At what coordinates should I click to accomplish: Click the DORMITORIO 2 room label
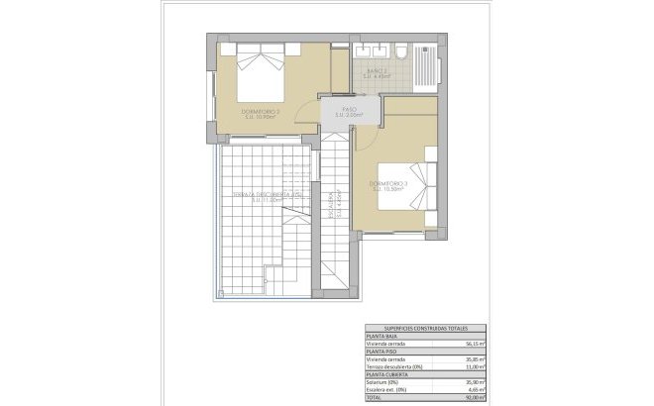(x=261, y=113)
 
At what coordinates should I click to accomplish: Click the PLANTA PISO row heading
(x=382, y=352)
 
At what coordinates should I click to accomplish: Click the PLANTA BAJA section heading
(x=382, y=336)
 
